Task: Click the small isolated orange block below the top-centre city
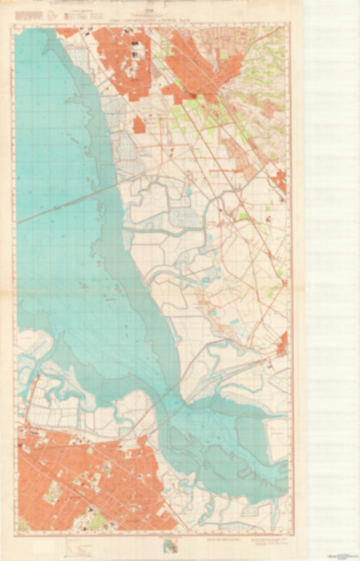[x=139, y=125]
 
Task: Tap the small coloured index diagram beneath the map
[x=173, y=543]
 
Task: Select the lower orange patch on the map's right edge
[x=283, y=343]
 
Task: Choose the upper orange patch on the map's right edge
[x=280, y=180]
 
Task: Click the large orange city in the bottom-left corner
[x=81, y=479]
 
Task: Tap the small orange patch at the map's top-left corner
[x=67, y=32]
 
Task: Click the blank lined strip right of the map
[x=331, y=270]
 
